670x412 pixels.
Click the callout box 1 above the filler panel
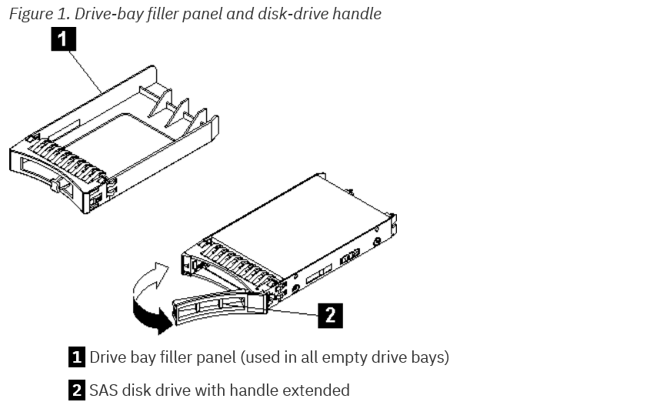63,39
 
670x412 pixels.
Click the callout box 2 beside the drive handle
330,314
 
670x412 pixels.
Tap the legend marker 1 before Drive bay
77,357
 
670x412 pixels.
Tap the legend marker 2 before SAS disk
77,390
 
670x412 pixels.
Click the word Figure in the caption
31,14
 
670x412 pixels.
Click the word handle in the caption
357,14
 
